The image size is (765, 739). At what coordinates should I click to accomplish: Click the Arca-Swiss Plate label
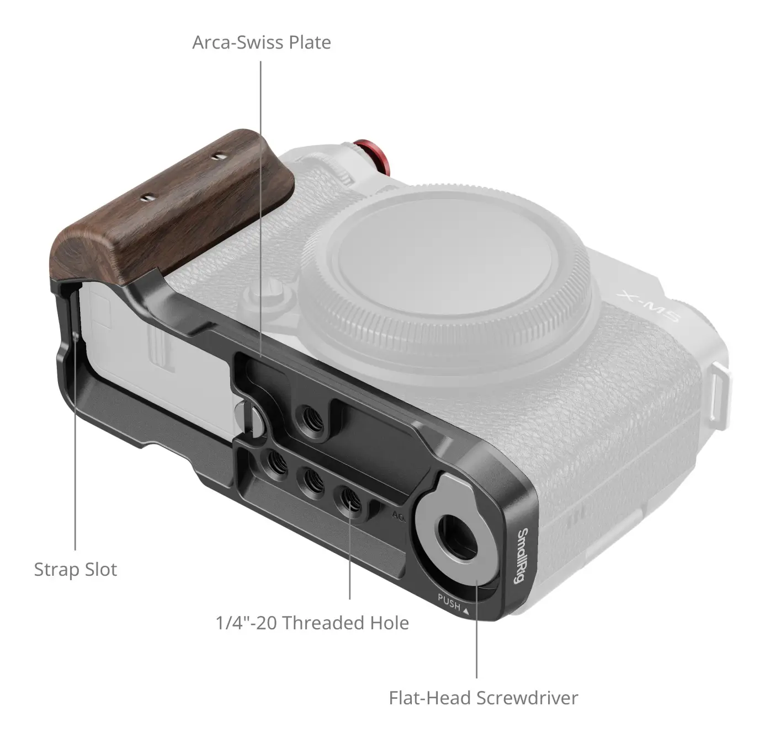coord(262,42)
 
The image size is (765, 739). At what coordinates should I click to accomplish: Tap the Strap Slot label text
coord(76,570)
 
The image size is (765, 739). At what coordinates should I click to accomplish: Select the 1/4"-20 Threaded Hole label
coord(312,623)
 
